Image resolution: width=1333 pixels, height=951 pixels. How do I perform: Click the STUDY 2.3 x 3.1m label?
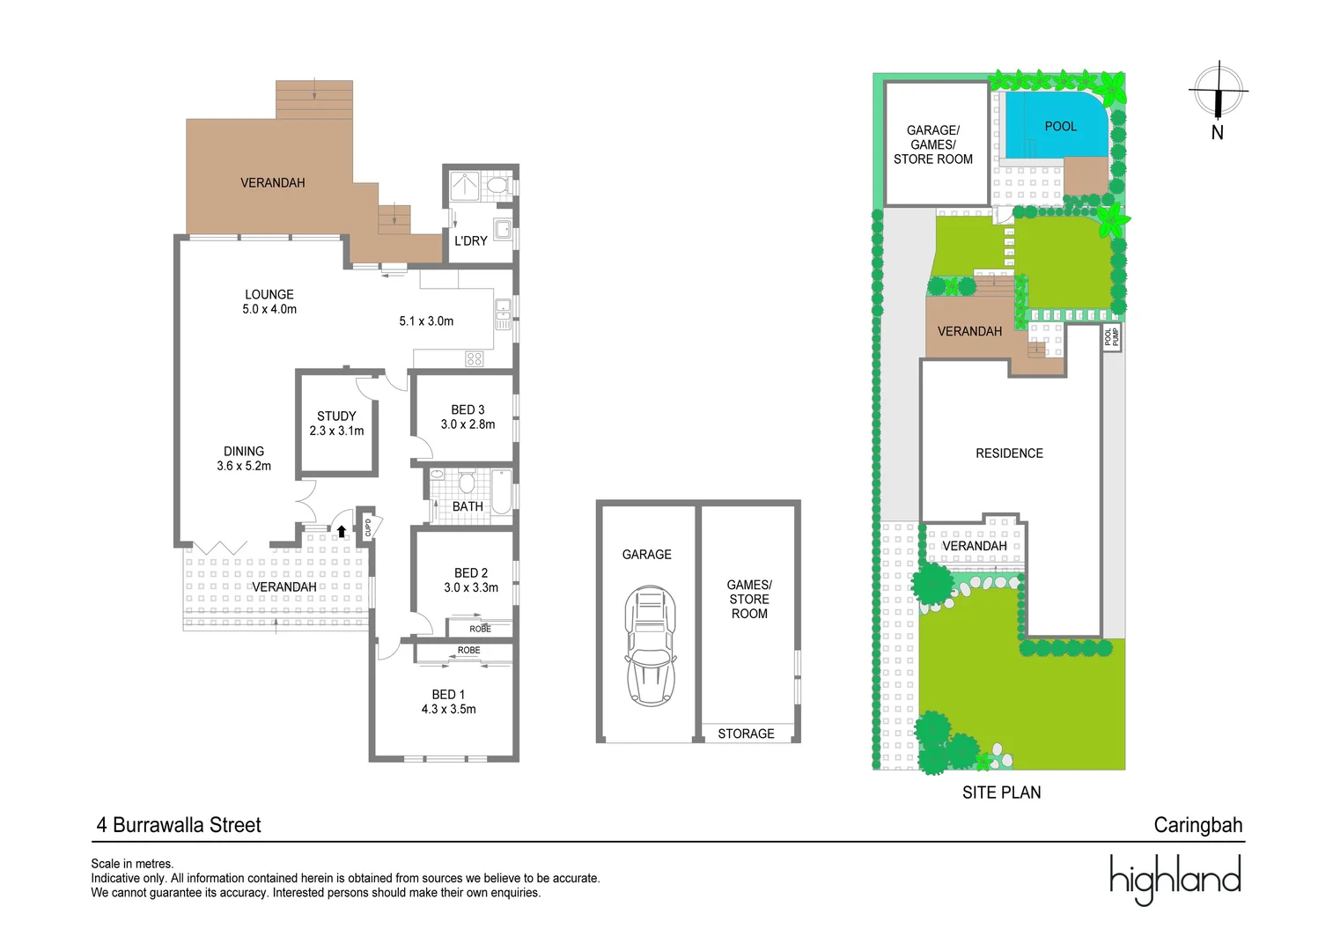point(336,424)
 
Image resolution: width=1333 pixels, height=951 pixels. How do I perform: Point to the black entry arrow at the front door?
point(341,531)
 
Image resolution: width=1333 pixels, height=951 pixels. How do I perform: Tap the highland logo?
point(1175,879)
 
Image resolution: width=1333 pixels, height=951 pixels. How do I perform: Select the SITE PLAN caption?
point(1001,792)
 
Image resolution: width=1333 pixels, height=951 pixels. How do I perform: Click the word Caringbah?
point(1197,825)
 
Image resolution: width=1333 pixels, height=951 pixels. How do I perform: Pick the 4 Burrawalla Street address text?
point(179,825)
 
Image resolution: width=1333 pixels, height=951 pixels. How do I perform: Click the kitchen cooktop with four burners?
point(475,358)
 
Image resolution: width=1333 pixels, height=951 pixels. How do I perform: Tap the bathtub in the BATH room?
point(501,491)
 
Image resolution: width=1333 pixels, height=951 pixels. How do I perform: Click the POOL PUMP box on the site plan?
point(1111,337)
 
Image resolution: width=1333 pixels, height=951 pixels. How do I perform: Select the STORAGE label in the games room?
point(746,734)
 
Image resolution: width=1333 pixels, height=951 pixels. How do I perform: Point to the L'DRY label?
point(470,240)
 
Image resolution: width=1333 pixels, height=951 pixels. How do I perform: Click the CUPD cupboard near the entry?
point(367,527)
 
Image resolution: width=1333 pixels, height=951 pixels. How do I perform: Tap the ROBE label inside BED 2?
point(480,629)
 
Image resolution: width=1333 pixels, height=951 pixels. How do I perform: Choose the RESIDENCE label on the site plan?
point(1009,453)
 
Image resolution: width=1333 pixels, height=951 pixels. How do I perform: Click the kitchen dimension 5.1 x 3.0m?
point(426,321)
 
